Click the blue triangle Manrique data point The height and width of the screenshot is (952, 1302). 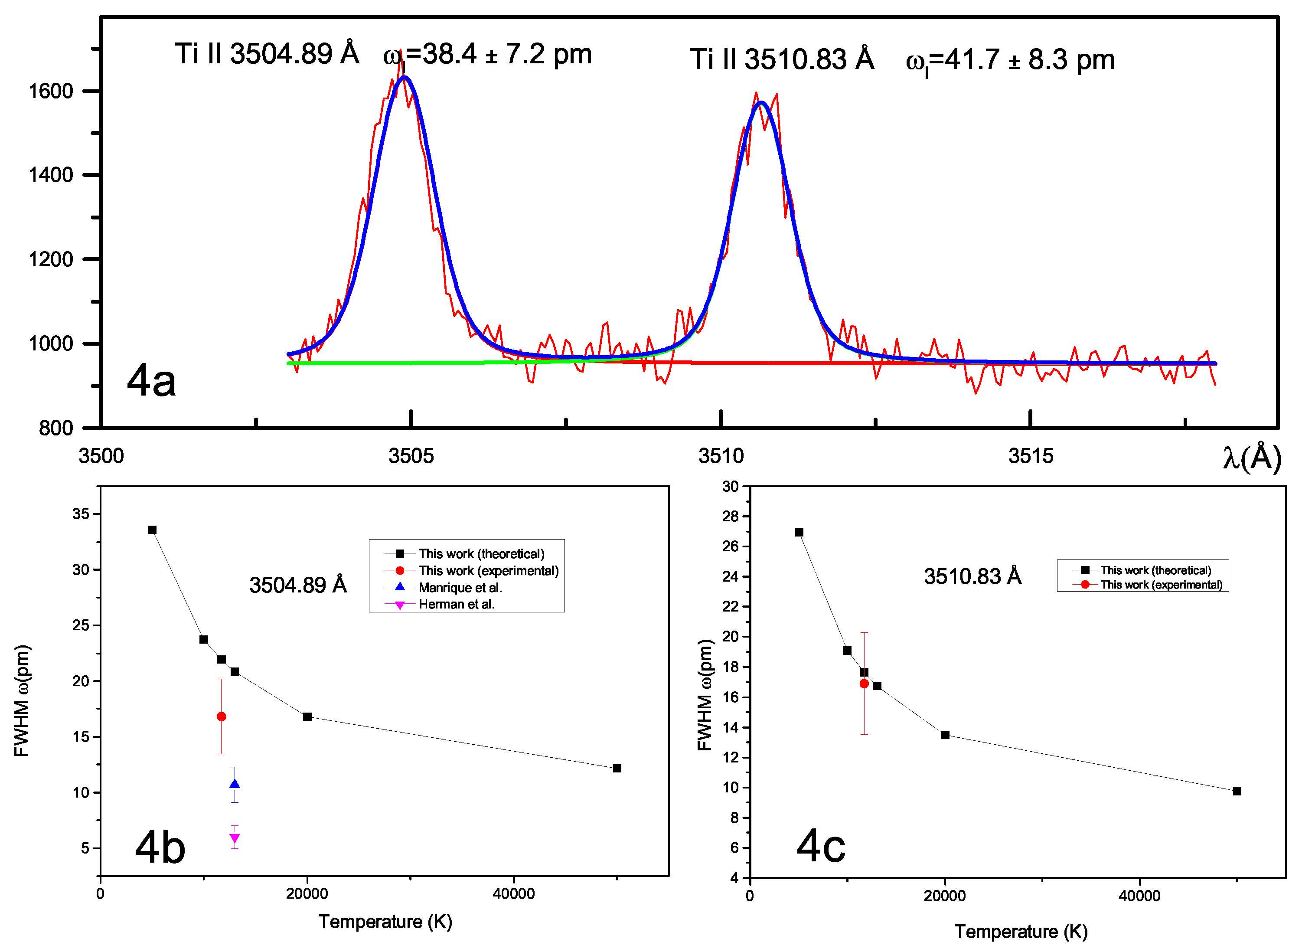click(x=235, y=784)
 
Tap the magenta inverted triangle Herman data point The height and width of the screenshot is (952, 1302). click(x=235, y=838)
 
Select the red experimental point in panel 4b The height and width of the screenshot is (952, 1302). click(x=221, y=717)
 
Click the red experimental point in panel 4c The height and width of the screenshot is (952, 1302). click(x=864, y=684)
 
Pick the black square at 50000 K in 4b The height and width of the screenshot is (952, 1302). click(x=617, y=768)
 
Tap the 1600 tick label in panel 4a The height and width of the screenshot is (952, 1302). click(x=51, y=91)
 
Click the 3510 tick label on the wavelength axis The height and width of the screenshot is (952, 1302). click(x=721, y=456)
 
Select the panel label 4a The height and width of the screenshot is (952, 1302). click(x=151, y=380)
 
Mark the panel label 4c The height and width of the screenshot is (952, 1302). click(x=821, y=846)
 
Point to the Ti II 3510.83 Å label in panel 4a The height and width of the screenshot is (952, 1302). click(x=782, y=59)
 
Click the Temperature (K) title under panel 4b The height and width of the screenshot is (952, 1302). click(x=385, y=922)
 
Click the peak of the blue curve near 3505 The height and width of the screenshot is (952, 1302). click(x=405, y=77)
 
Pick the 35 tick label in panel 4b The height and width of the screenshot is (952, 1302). click(x=81, y=514)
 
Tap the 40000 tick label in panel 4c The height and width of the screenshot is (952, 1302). click(x=1139, y=896)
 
